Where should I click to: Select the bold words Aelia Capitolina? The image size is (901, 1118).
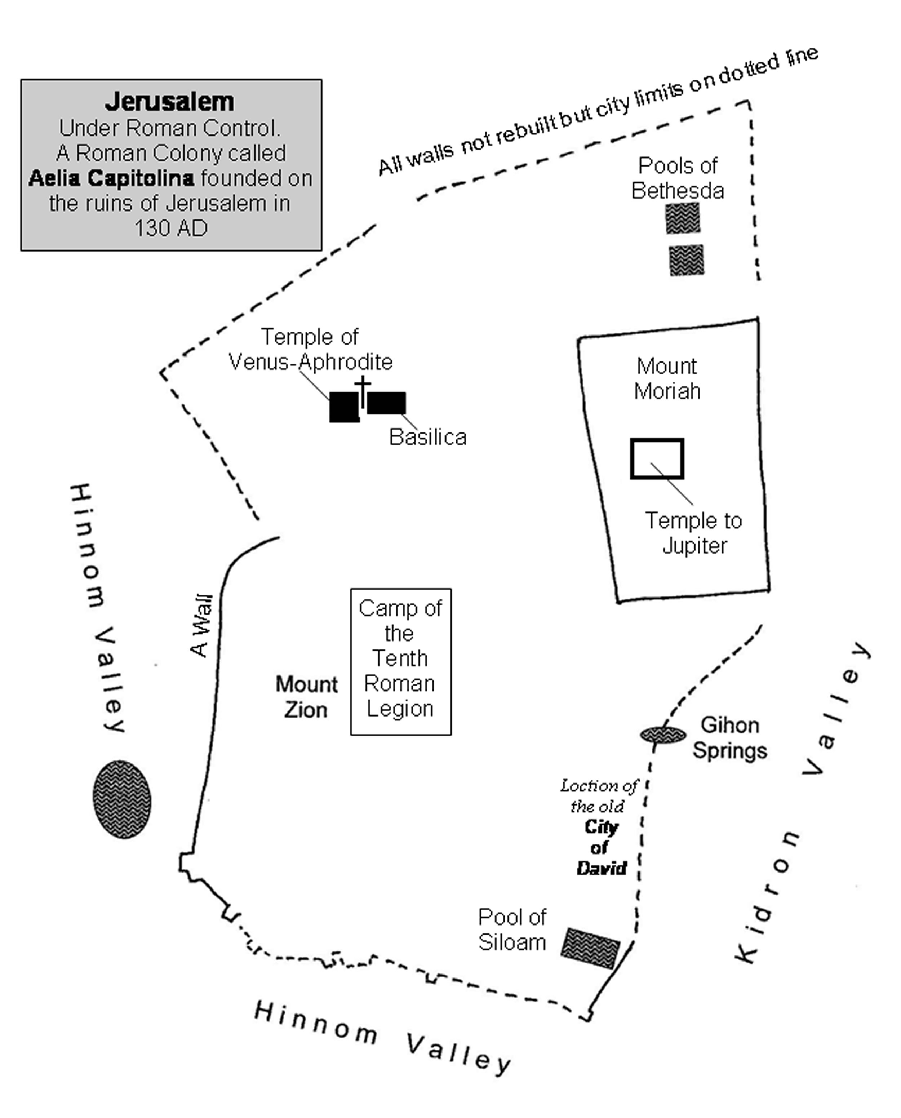point(112,178)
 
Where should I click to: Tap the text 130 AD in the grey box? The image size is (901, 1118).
point(171,229)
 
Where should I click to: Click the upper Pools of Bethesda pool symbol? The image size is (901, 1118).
point(683,218)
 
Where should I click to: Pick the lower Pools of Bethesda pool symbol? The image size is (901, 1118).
point(686,260)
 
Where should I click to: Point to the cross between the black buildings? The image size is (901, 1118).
point(363,391)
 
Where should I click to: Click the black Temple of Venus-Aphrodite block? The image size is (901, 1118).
point(343,407)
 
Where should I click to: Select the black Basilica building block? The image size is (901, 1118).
point(387,403)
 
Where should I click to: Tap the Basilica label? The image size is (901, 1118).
point(428,437)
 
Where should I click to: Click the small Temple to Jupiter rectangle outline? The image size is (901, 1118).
point(657,459)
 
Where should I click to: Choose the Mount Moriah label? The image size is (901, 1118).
point(667,379)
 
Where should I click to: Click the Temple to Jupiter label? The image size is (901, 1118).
point(693,533)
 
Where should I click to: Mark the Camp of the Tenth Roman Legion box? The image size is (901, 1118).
point(401,662)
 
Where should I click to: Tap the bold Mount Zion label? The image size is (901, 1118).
point(306,697)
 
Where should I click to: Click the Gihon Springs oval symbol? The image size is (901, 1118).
point(663,735)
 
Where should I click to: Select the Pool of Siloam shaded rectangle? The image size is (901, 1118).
point(590,949)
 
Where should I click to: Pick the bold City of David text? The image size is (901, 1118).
point(601,848)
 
